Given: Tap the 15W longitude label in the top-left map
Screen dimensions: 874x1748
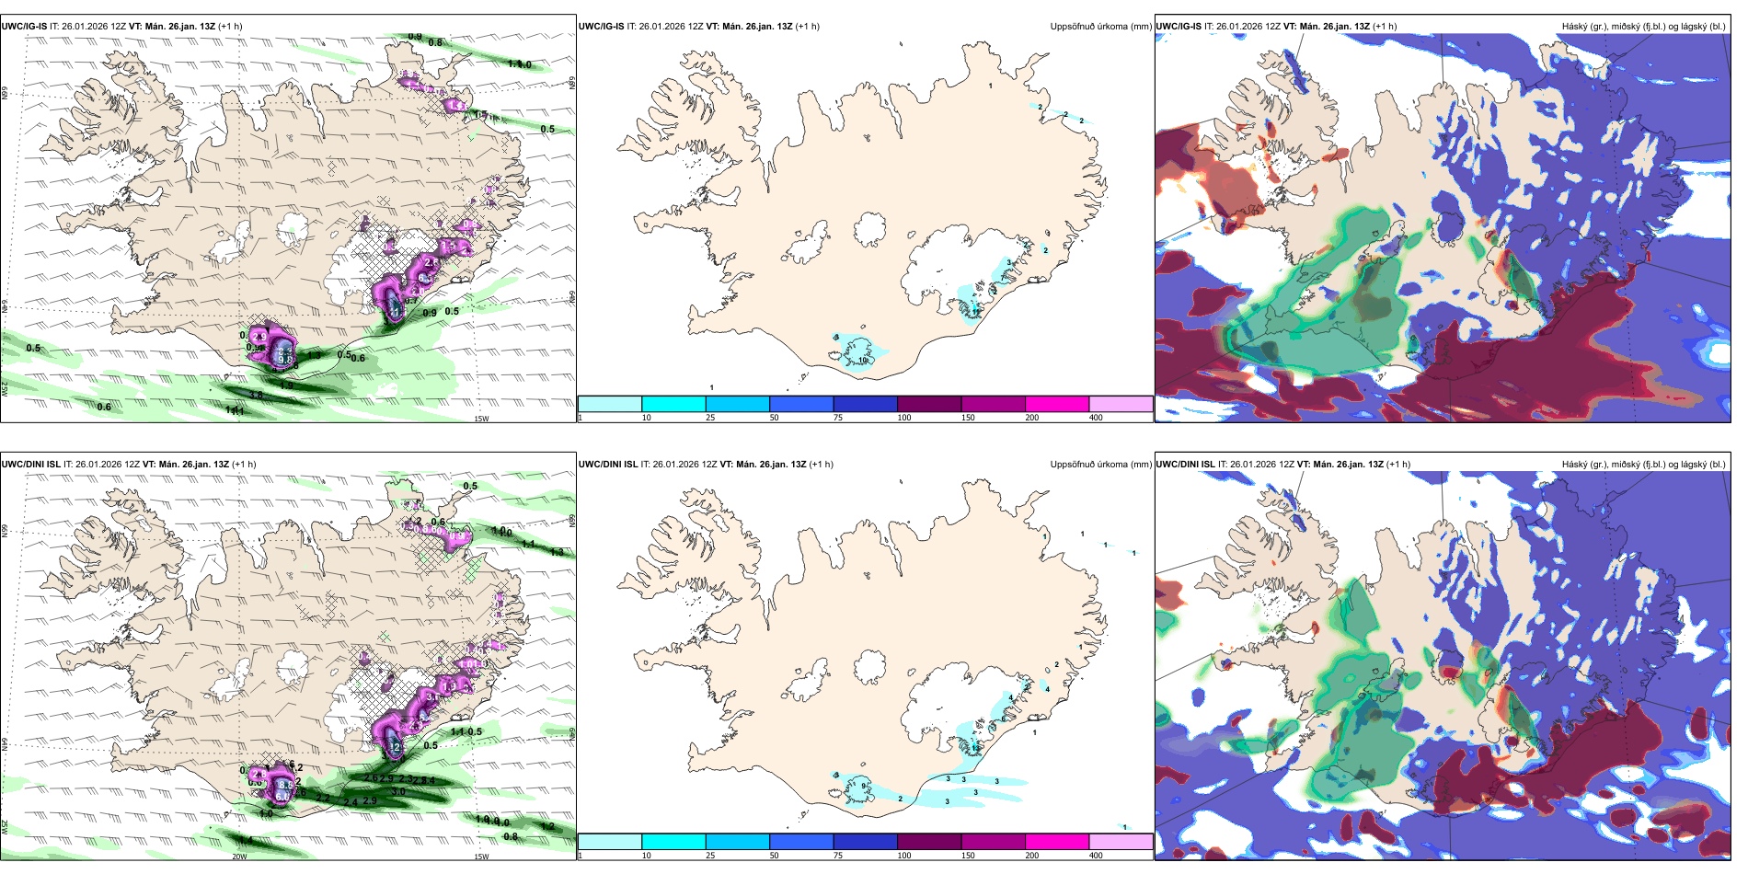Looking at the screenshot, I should tap(480, 419).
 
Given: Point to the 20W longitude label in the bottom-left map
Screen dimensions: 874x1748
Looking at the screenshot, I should tap(239, 857).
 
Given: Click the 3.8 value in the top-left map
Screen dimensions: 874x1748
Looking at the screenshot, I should tap(256, 396).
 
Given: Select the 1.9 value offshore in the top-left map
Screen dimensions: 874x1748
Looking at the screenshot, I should tap(287, 385).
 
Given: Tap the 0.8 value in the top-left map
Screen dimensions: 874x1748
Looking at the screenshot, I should tap(435, 43).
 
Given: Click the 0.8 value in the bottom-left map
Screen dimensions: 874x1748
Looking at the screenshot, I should tap(511, 836).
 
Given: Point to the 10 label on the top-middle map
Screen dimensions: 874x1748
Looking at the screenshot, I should tap(863, 361).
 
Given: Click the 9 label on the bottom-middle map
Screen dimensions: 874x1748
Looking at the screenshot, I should tap(863, 785).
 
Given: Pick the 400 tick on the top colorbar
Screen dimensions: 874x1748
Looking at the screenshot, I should tap(1096, 418).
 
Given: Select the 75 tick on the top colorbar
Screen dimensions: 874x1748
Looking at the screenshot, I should tap(838, 418).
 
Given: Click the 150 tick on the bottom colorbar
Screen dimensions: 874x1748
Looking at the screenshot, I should tap(968, 856).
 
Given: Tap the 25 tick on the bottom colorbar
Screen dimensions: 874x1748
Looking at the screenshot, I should tap(710, 856).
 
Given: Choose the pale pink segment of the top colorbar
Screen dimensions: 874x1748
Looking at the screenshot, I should tap(1121, 404).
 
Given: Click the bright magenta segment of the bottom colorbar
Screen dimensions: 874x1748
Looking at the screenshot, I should tap(1056, 842).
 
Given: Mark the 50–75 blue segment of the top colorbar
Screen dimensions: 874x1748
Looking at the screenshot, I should tap(800, 404).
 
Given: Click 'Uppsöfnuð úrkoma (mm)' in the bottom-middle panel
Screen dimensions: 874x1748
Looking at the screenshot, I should tap(1100, 465).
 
